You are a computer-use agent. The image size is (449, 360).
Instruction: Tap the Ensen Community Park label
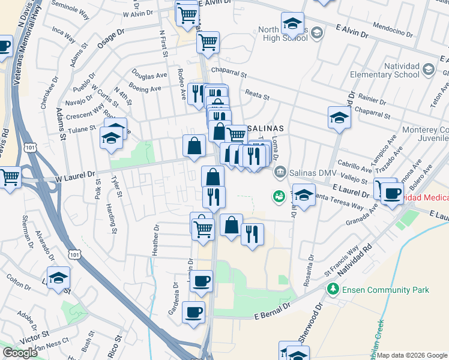[x=385, y=290]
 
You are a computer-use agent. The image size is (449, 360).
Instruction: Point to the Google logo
[x=20, y=353]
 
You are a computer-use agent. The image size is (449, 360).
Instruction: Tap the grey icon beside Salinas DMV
[x=280, y=173]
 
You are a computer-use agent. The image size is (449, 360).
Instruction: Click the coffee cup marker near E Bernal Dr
[x=193, y=313]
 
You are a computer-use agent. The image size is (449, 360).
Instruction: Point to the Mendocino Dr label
[x=393, y=31]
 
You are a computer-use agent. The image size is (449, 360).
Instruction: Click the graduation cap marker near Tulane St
[x=110, y=139]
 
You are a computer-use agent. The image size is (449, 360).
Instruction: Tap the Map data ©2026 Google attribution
[x=412, y=355]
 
